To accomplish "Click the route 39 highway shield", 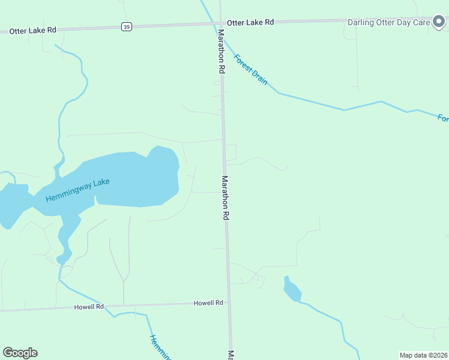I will [126, 26].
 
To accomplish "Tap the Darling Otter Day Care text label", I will [388, 22].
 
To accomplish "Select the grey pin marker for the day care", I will [439, 22].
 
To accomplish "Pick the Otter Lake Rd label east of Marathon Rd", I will [250, 22].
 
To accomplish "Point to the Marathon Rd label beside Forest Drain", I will [221, 52].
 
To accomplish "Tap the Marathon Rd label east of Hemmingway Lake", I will [226, 198].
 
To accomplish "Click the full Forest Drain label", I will [250, 70].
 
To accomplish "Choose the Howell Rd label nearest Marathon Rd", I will [208, 303].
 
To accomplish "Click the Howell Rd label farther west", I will [89, 307].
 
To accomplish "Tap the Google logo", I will [20, 353].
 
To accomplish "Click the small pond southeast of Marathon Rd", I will [292, 290].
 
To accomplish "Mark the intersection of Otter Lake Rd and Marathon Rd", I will [220, 23].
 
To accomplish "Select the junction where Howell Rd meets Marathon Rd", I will [229, 304].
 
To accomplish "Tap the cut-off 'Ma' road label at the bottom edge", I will [230, 355].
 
